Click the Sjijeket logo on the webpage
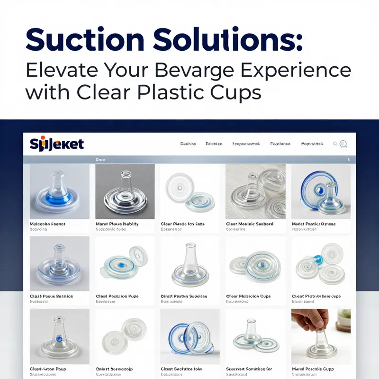click(56, 144)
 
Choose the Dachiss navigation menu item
click(188, 144)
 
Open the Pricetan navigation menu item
click(214, 144)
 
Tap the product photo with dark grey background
click(125, 191)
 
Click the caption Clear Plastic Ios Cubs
click(182, 224)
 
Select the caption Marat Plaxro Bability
click(117, 224)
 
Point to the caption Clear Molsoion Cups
click(248, 296)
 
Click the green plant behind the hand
click(344, 318)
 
